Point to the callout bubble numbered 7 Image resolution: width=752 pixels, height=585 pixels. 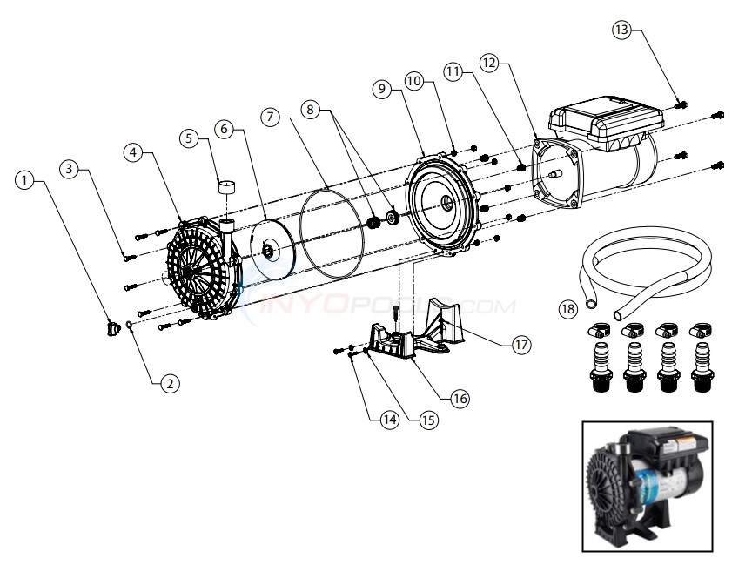click(x=272, y=116)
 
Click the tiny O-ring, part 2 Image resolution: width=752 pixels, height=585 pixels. click(x=129, y=327)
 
